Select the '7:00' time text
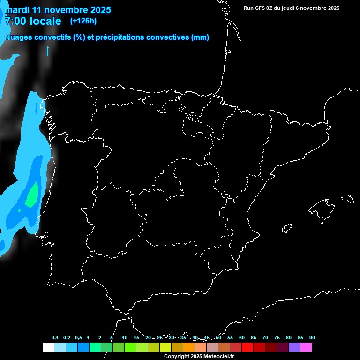(x=15, y=21)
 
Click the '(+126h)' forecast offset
(x=83, y=21)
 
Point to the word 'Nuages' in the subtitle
(x=18, y=37)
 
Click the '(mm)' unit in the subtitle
(x=200, y=37)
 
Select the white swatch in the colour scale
(x=48, y=347)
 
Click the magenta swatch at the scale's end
(x=306, y=347)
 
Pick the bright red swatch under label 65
(x=247, y=347)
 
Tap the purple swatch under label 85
(x=294, y=347)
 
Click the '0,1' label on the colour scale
(x=55, y=338)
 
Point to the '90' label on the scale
(x=312, y=338)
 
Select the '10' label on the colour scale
(x=124, y=338)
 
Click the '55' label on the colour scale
(x=230, y=338)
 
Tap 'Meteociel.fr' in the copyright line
(x=218, y=357)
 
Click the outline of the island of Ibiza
(x=287, y=228)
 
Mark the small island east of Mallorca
(x=347, y=199)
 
